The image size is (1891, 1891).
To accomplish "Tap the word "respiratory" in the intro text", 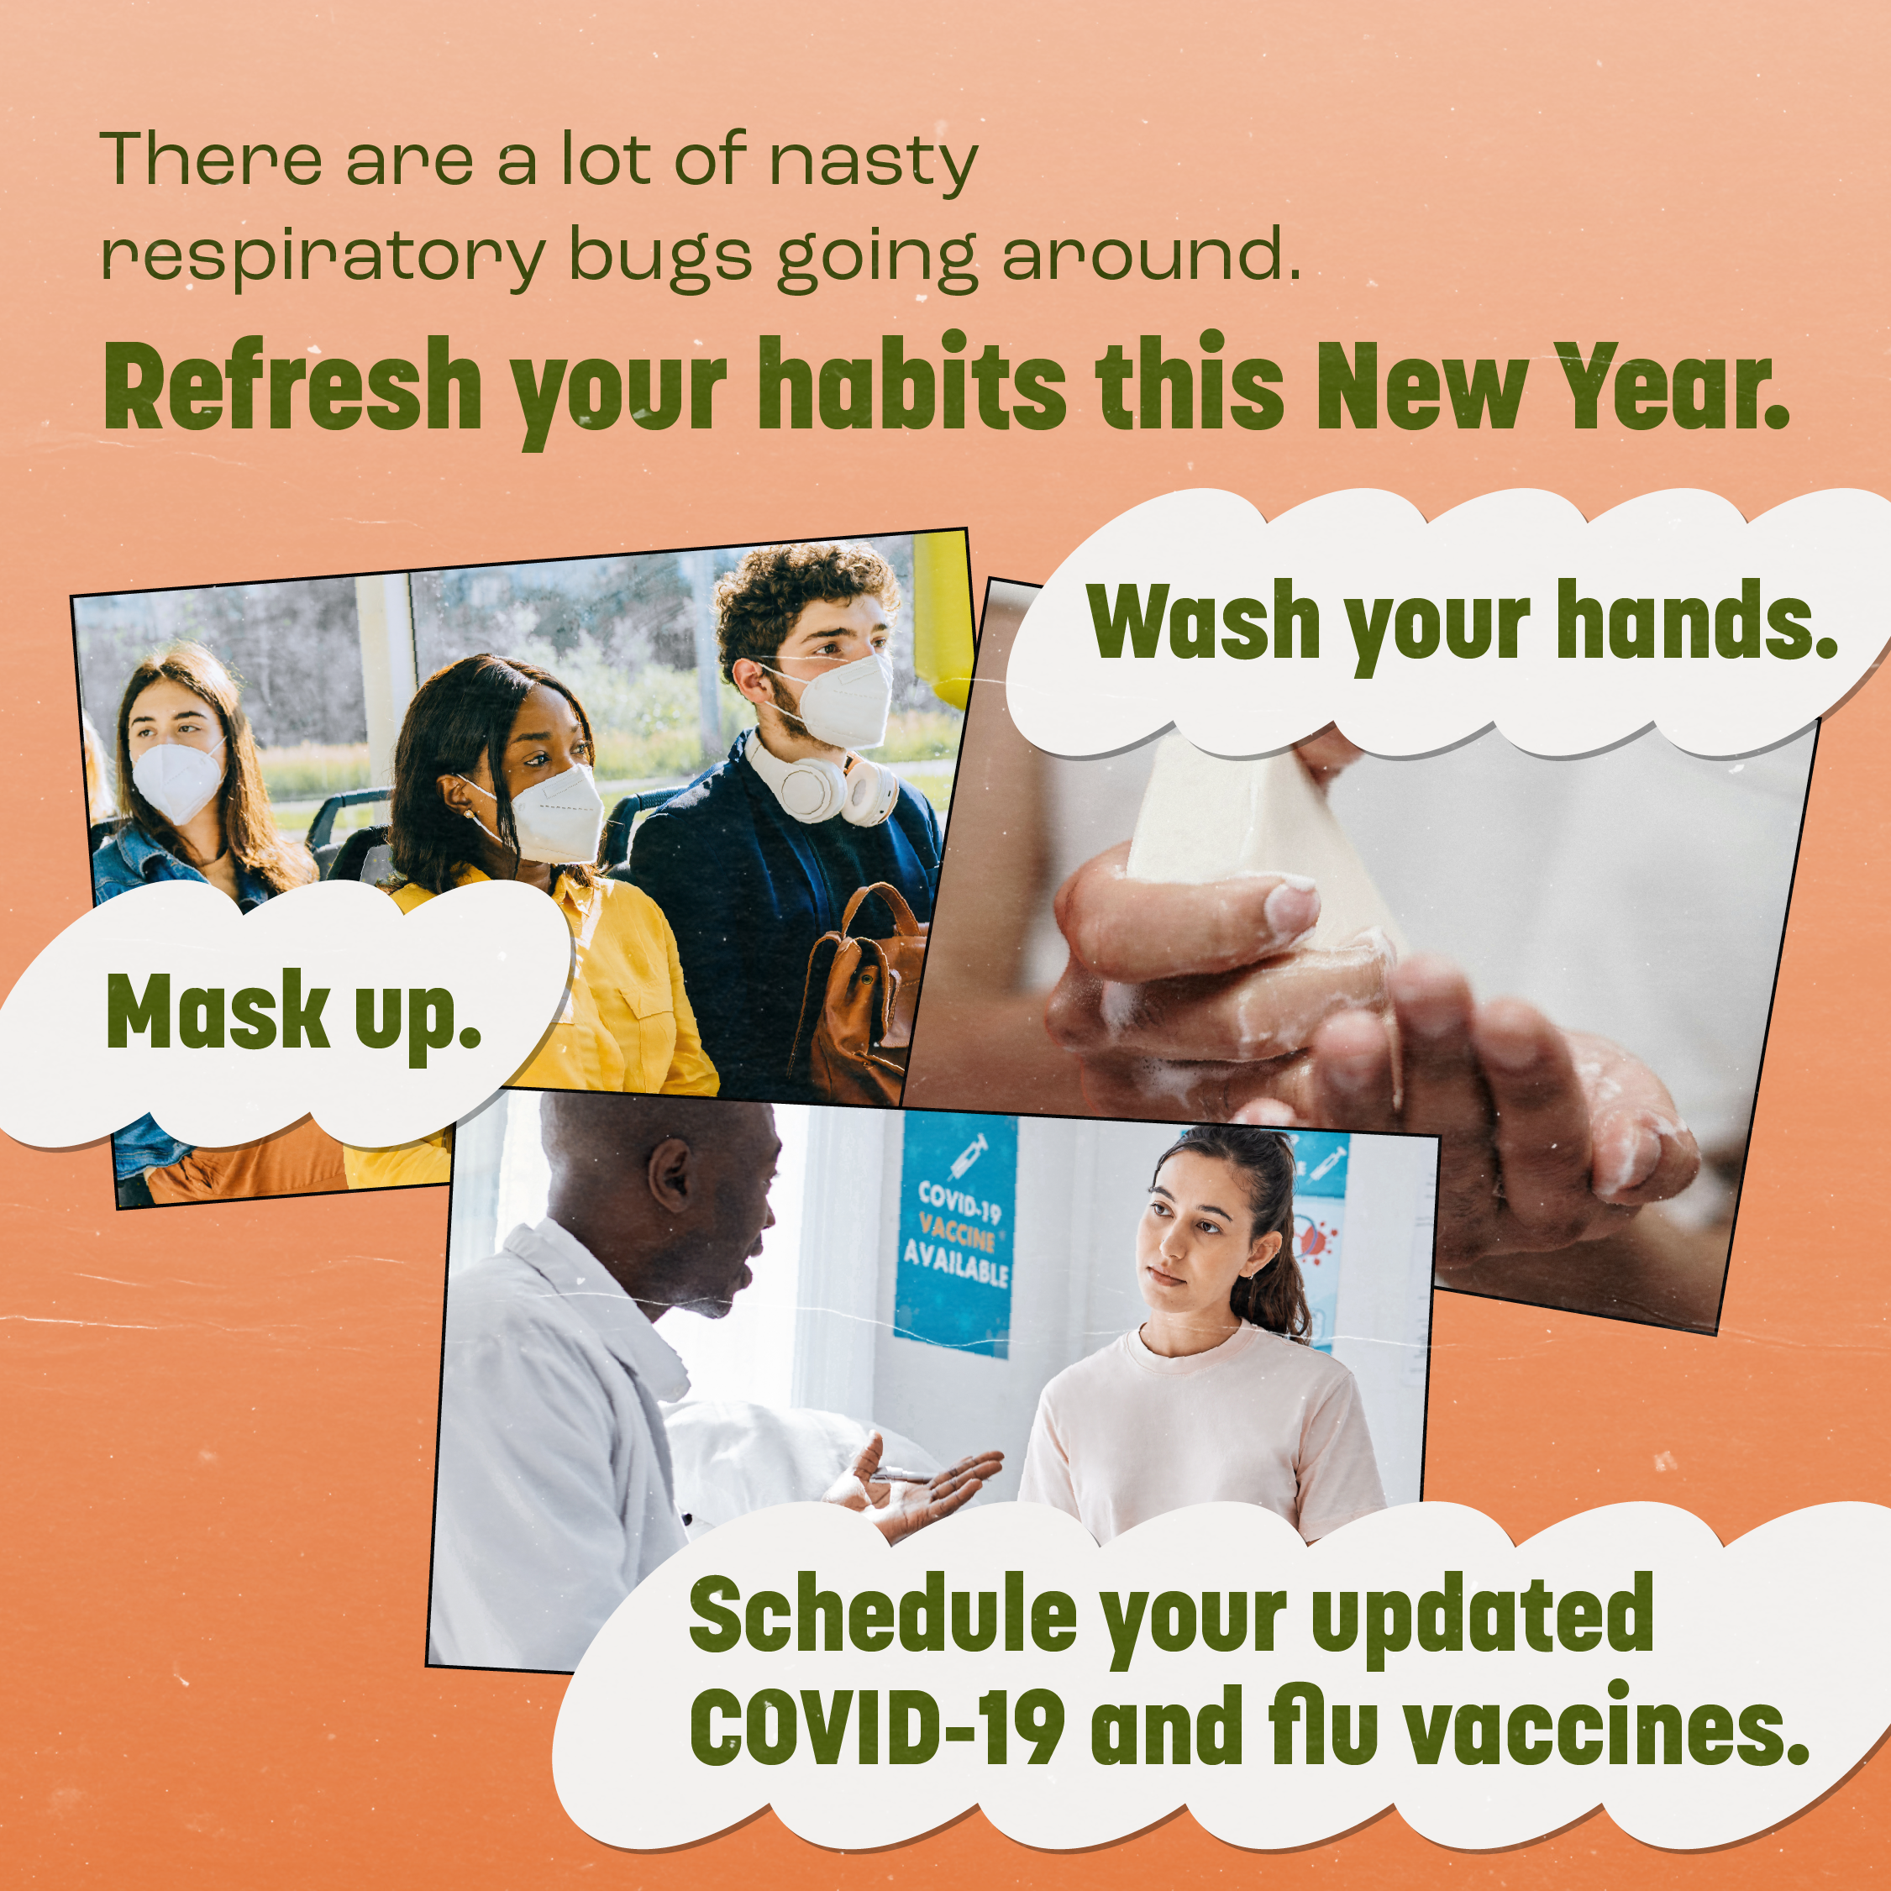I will click(322, 257).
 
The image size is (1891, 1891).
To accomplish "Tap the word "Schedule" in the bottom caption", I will click(882, 1615).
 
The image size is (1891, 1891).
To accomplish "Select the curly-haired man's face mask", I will click(844, 700).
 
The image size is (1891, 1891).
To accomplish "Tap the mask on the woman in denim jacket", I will click(176, 779).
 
